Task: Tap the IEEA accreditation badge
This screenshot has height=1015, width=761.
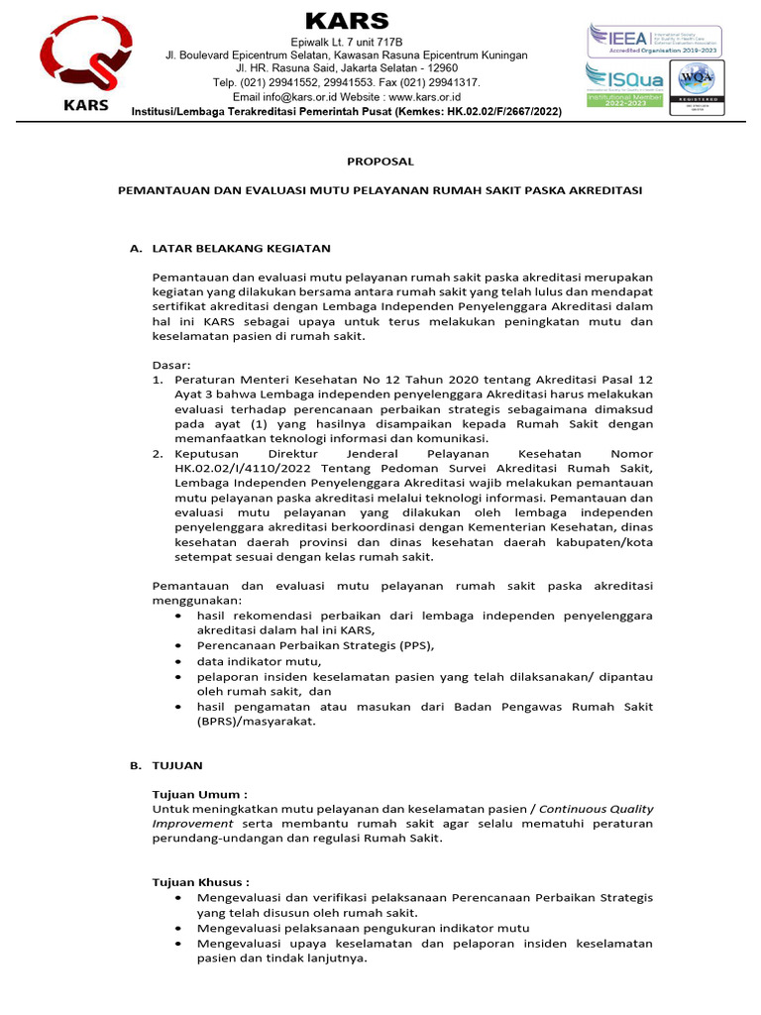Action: click(654, 41)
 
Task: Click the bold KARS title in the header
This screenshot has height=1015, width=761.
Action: click(346, 21)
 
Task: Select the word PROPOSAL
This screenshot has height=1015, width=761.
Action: click(380, 161)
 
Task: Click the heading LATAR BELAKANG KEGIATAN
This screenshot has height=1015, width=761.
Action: click(241, 248)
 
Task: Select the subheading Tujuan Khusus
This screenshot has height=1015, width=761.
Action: click(201, 881)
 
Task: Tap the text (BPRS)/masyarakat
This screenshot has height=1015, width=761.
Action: click(256, 722)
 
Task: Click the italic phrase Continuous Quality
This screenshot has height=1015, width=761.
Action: click(596, 809)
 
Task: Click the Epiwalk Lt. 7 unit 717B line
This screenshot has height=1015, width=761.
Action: click(346, 43)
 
